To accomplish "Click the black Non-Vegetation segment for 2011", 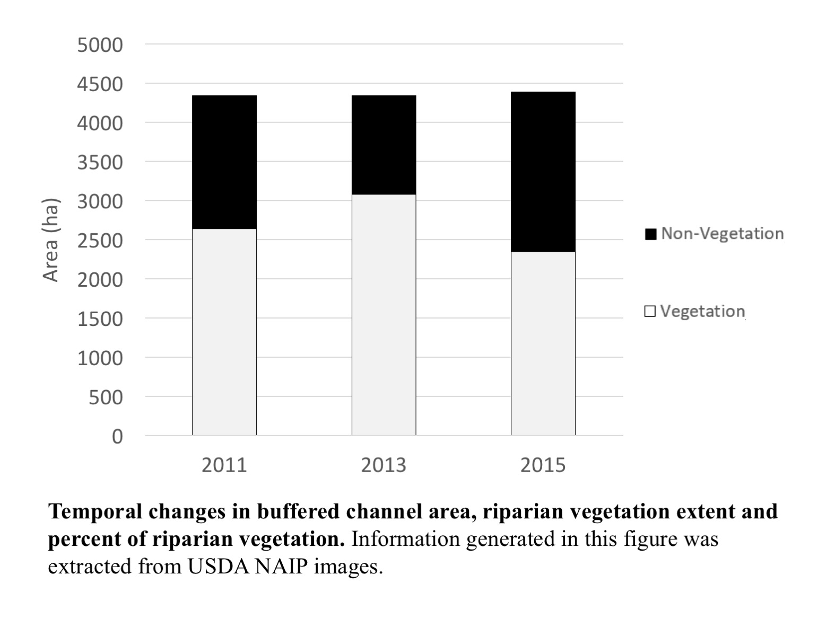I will tap(224, 162).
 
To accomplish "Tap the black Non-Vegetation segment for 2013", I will tap(384, 145).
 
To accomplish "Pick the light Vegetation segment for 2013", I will tap(384, 315).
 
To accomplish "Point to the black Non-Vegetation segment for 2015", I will tap(543, 172).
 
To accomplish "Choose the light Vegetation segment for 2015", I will tap(543, 343).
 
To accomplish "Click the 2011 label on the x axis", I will tap(224, 465).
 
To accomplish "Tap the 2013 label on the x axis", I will tap(384, 465).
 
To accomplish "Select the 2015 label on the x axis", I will tap(543, 465).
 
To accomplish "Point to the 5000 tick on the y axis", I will tap(100, 45).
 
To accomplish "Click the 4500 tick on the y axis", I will tap(100, 84).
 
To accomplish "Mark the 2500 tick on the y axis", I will tap(100, 241).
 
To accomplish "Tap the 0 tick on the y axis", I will tap(117, 436).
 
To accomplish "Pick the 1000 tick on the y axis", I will tap(100, 358).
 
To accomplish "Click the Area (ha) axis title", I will tap(51, 240).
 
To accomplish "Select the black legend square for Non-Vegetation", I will tap(650, 234).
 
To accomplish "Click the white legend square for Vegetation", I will tap(650, 311).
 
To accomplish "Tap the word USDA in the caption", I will tap(217, 567).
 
